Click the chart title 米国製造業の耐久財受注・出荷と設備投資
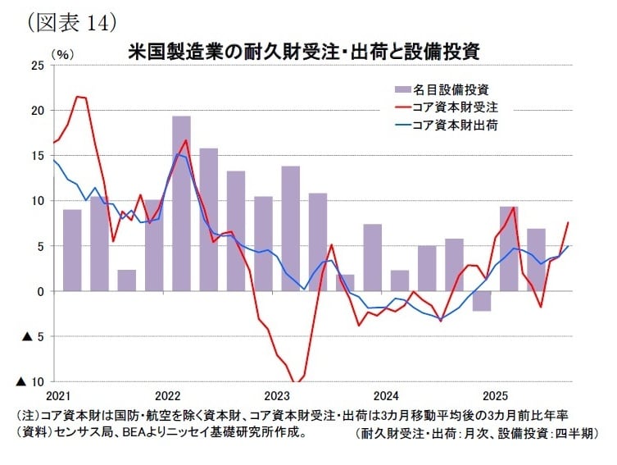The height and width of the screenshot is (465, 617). coord(303,50)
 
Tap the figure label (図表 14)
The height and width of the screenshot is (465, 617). coord(71,20)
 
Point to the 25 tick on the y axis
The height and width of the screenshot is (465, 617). coord(38,65)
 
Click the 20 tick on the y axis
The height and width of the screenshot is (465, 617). coord(38,110)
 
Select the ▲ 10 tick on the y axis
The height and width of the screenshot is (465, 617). coord(33,382)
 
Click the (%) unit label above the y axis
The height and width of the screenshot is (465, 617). coord(63,52)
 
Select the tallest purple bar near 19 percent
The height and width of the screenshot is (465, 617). coord(181,203)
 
